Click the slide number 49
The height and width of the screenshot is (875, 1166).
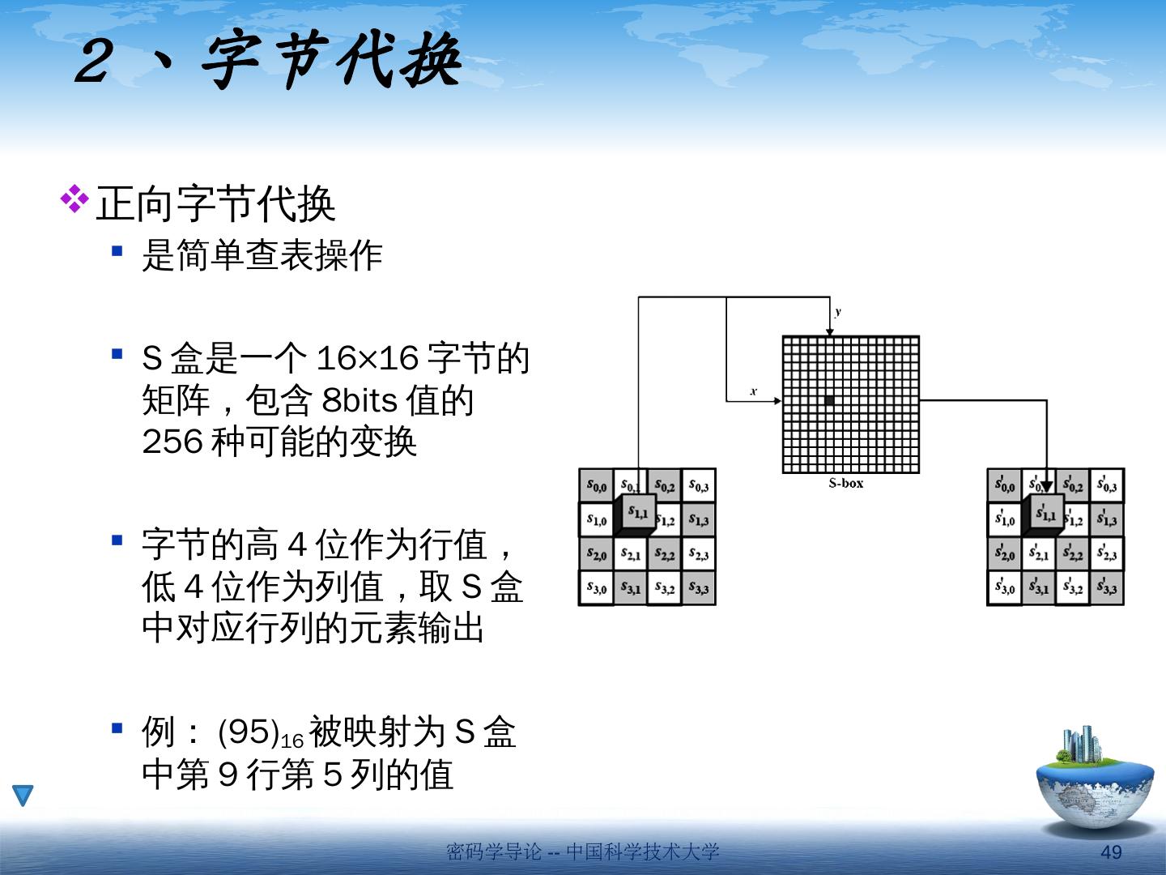coord(1111,852)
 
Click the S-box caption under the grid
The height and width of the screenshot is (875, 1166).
coord(845,484)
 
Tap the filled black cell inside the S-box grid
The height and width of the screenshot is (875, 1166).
coord(829,400)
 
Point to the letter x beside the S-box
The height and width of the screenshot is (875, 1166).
coord(753,391)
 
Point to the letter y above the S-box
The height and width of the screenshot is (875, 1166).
coord(838,311)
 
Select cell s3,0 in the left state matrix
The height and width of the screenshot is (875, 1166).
coord(596,588)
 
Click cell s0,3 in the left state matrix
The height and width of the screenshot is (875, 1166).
coord(698,486)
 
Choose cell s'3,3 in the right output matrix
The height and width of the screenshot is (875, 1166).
coord(1106,587)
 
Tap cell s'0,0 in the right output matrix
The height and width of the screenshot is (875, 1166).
coord(1004,486)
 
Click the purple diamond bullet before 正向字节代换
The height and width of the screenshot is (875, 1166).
coord(74,199)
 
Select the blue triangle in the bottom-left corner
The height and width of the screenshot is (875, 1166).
coord(23,795)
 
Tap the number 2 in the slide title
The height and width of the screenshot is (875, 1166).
coord(96,62)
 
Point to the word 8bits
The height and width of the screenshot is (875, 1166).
coord(360,400)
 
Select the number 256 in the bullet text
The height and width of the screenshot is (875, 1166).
coord(172,442)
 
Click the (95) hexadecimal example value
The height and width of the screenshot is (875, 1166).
coord(249,732)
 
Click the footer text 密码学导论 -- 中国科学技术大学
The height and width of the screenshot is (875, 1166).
coord(582,852)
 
